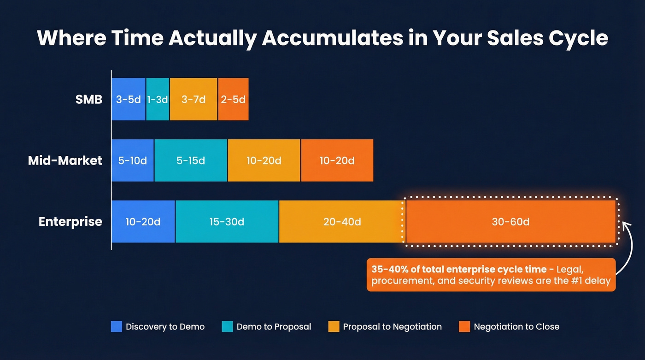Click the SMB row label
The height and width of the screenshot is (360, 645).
click(89, 99)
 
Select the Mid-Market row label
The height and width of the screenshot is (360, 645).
click(65, 160)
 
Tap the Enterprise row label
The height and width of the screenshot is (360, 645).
click(70, 222)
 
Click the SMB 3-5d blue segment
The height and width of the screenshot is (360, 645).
click(129, 99)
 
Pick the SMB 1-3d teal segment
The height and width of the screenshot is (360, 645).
click(158, 99)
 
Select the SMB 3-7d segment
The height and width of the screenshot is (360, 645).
click(193, 99)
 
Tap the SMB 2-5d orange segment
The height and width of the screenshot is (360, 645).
click(233, 99)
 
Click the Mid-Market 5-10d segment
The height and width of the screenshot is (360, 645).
click(133, 160)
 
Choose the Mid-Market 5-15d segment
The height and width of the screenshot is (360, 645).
click(191, 160)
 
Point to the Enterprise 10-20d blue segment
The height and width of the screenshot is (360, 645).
click(143, 222)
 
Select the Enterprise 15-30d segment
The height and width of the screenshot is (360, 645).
click(227, 222)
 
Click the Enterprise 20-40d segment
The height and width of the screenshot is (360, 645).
click(342, 222)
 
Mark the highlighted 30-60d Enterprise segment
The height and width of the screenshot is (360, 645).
click(510, 222)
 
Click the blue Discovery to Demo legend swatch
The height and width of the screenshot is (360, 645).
click(117, 327)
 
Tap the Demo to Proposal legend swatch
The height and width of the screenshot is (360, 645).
click(227, 327)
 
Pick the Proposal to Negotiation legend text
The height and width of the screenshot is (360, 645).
click(392, 327)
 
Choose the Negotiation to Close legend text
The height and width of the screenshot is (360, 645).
click(516, 327)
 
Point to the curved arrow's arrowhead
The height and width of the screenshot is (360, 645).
click(625, 225)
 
